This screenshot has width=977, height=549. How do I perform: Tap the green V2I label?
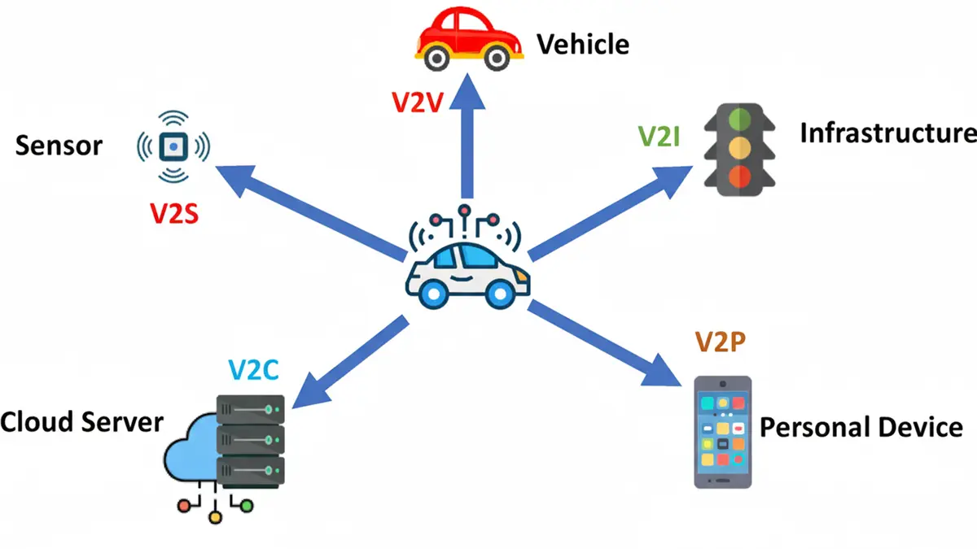coord(659,136)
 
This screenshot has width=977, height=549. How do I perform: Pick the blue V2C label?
coord(253,370)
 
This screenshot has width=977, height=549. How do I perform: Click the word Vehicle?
coord(582,43)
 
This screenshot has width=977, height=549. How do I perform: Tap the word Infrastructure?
coord(887,133)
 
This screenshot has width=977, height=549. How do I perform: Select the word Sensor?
coord(59,146)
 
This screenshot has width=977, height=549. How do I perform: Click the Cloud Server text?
coord(81,423)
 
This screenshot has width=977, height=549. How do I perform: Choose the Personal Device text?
coord(861,427)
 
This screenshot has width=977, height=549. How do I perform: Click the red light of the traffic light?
coord(738,176)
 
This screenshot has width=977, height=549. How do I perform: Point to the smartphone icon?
coord(722,432)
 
